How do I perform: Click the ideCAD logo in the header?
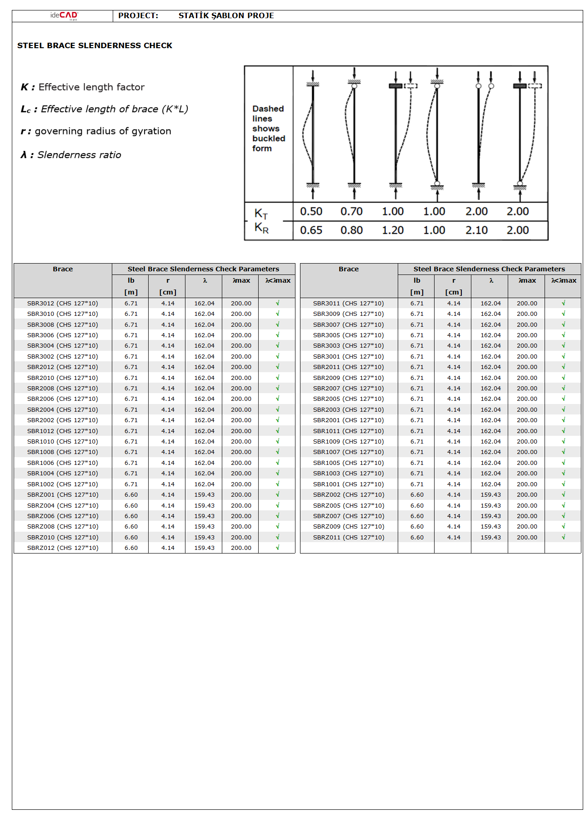pyautogui.click(x=64, y=15)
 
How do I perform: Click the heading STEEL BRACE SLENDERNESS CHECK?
pyautogui.click(x=95, y=45)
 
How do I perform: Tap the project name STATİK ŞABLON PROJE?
pyautogui.click(x=226, y=15)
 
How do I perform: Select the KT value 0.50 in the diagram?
pyautogui.click(x=311, y=211)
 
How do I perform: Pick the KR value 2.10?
pyautogui.click(x=476, y=230)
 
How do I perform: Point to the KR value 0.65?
pyautogui.click(x=311, y=230)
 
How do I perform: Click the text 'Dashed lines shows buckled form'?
pyautogui.click(x=268, y=129)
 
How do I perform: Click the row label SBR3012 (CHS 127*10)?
pyautogui.click(x=62, y=303)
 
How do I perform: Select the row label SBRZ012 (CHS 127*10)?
pyautogui.click(x=62, y=548)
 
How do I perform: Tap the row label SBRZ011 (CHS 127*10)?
pyautogui.click(x=348, y=537)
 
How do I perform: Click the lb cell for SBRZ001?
pyautogui.click(x=131, y=494)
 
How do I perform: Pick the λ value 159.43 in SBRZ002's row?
pyautogui.click(x=490, y=494)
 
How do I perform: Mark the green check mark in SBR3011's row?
pyautogui.click(x=563, y=303)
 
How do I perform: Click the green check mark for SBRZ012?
pyautogui.click(x=277, y=548)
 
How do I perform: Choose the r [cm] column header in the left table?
pyautogui.click(x=168, y=286)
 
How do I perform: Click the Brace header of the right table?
pyautogui.click(x=348, y=269)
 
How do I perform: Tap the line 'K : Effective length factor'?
pyautogui.click(x=83, y=87)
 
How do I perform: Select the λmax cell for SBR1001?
pyautogui.click(x=527, y=484)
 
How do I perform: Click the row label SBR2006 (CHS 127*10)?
pyautogui.click(x=62, y=399)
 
